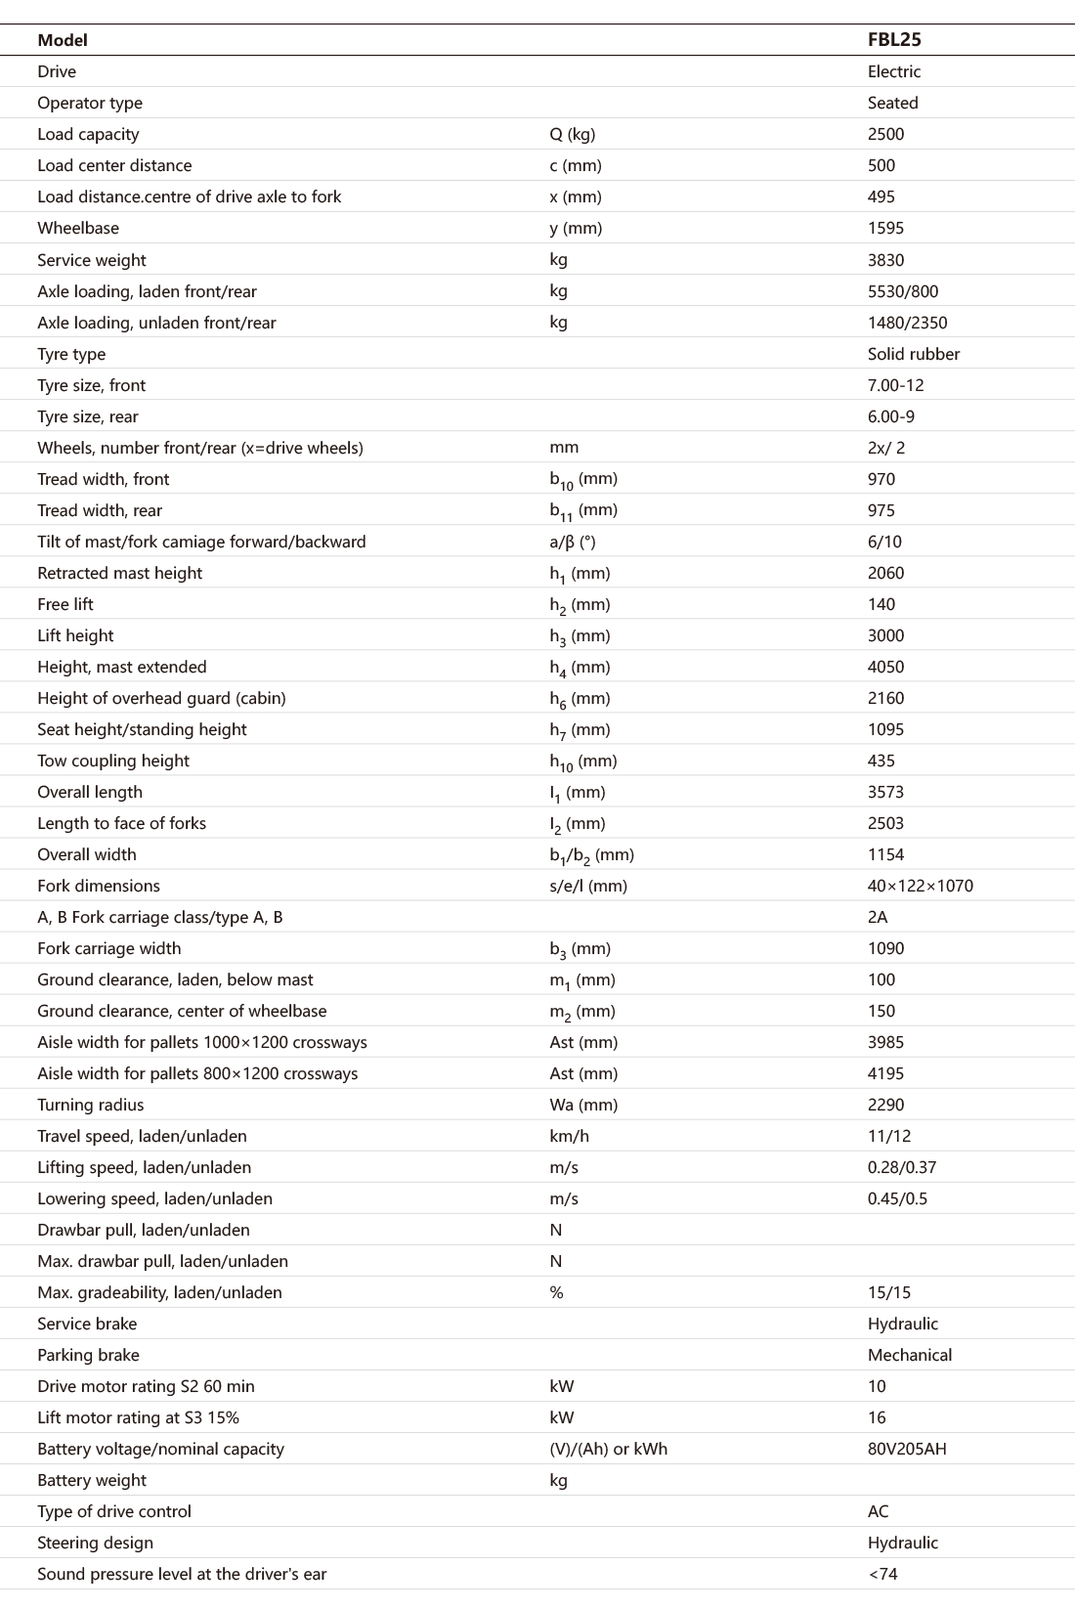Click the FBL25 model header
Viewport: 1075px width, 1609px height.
894,40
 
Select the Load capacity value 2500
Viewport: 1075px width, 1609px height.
885,134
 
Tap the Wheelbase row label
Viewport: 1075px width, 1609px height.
78,228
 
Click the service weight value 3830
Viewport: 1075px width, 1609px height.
885,260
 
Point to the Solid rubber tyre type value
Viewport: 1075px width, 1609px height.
913,354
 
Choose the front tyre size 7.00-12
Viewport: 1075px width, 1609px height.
895,385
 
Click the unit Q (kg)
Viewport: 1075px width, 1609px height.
572,134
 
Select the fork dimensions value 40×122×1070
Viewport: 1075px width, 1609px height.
920,886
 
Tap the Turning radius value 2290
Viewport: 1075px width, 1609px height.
885,1105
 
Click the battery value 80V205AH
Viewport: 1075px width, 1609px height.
907,1449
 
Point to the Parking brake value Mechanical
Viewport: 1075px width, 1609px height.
909,1355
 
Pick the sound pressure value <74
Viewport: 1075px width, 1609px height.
882,1574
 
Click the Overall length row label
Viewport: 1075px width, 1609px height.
90,792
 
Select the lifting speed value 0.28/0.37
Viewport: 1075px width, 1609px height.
901,1167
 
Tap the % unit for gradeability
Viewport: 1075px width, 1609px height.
556,1292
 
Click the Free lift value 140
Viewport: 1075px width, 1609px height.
881,604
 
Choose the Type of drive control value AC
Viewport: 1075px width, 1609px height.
878,1511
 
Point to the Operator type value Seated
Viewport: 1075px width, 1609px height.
892,103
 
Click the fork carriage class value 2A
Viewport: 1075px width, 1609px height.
878,917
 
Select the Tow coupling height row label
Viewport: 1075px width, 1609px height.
113,761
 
